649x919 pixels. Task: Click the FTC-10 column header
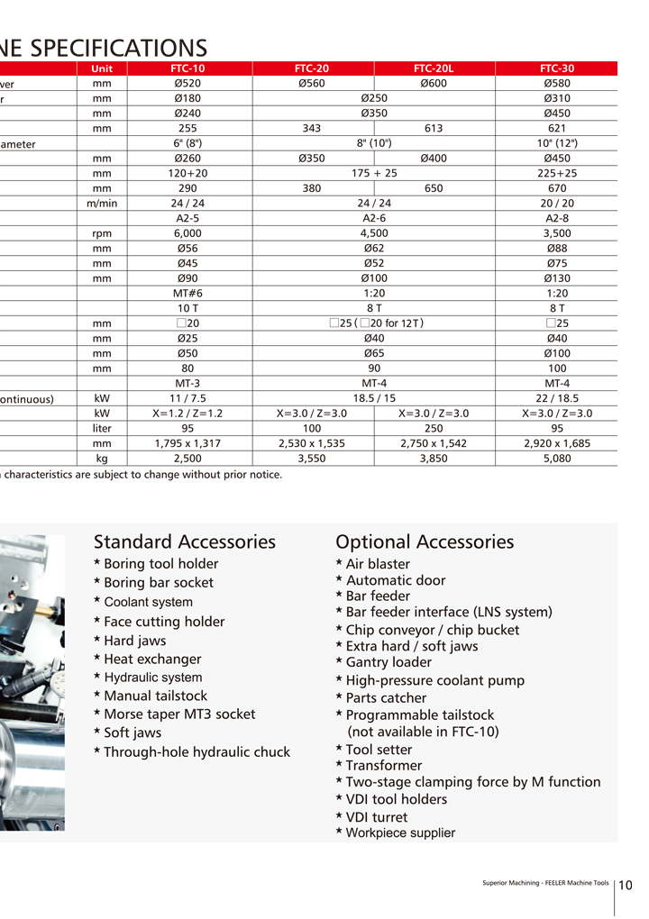point(188,68)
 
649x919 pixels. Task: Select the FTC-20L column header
point(434,68)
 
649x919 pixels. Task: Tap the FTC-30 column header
point(556,68)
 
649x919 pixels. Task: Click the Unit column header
point(102,68)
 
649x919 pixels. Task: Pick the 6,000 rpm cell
point(188,233)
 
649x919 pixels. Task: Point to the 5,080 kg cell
point(556,459)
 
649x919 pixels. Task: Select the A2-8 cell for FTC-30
point(556,218)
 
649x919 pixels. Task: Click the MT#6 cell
point(188,294)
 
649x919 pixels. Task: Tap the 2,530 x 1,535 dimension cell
point(311,443)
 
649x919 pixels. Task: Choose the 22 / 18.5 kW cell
point(556,398)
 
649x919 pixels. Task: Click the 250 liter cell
point(434,429)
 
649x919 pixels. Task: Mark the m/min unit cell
point(102,204)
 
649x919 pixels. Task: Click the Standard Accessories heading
point(185,541)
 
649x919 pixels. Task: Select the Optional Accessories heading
point(425,541)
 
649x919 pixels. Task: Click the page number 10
point(626,885)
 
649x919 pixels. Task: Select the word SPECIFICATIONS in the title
point(118,47)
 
